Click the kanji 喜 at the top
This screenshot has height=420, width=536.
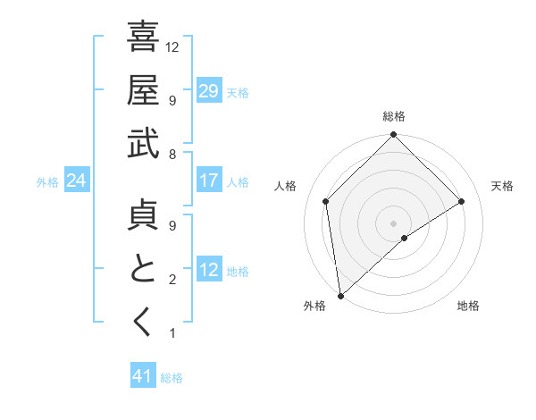143,38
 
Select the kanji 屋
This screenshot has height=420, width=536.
143,90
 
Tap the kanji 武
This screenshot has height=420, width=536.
143,143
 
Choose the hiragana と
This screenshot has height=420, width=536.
143,269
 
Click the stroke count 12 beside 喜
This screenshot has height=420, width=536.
173,46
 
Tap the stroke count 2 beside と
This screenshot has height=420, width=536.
172,280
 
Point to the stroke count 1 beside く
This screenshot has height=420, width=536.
172,333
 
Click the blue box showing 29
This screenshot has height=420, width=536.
208,90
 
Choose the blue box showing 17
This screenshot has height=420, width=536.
208,181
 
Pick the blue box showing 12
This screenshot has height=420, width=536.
208,270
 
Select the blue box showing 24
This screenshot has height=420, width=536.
76,181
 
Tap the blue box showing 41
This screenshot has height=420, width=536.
143,376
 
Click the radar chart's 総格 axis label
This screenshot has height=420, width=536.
394,116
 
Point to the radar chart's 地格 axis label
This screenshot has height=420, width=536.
468,306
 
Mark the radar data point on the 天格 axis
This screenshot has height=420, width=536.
462,201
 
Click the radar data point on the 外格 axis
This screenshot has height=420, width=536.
340,295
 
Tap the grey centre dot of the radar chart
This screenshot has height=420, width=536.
393,222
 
